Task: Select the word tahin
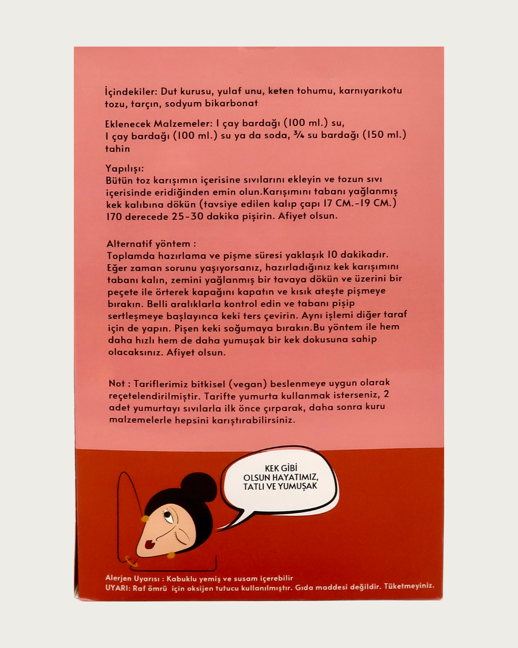(x=118, y=149)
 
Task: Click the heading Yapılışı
(x=124, y=168)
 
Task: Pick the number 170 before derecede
(x=114, y=216)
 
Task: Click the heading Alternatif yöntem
(x=151, y=243)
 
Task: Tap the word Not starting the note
(x=117, y=384)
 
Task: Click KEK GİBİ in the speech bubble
(x=281, y=468)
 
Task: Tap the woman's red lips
(x=149, y=545)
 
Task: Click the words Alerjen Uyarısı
(x=132, y=578)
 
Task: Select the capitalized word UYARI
(x=117, y=588)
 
